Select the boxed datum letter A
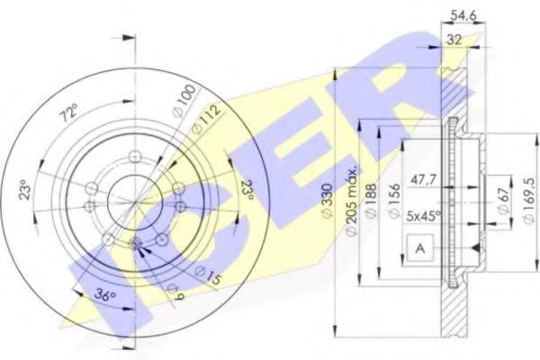pos(418,247)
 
